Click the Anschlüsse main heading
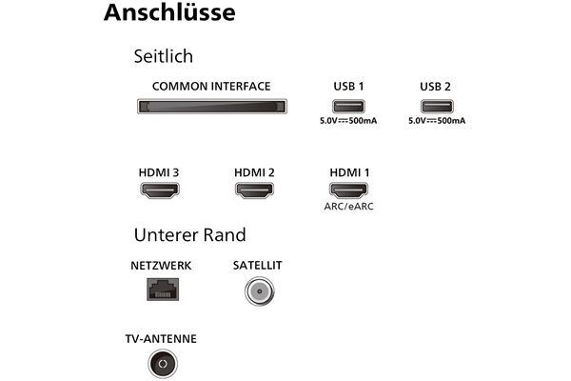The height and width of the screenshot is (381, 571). click(x=169, y=12)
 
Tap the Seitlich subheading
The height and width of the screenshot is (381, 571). click(x=164, y=56)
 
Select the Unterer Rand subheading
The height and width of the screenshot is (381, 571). click(x=189, y=235)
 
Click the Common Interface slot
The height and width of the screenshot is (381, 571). click(x=212, y=107)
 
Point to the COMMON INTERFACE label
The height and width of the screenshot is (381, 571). click(x=211, y=87)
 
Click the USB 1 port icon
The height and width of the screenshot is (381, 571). click(x=348, y=107)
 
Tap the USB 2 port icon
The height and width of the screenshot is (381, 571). click(x=437, y=107)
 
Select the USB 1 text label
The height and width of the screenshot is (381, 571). click(x=348, y=87)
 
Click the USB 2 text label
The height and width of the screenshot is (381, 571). click(x=435, y=87)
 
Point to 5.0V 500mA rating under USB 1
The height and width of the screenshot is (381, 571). click(x=348, y=121)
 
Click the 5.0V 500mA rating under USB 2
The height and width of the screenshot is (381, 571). click(x=437, y=121)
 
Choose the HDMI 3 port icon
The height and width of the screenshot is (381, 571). click(x=160, y=190)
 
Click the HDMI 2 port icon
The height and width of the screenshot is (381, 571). click(x=254, y=190)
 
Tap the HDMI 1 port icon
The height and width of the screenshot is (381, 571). click(x=348, y=190)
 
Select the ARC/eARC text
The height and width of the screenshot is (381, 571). click(x=348, y=207)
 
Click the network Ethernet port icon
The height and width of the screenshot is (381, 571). click(x=163, y=290)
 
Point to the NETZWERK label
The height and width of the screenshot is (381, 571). click(x=161, y=266)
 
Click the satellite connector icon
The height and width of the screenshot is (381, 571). click(x=259, y=291)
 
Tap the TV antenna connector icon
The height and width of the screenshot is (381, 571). click(x=163, y=364)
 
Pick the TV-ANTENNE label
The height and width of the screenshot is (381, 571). click(x=161, y=339)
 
